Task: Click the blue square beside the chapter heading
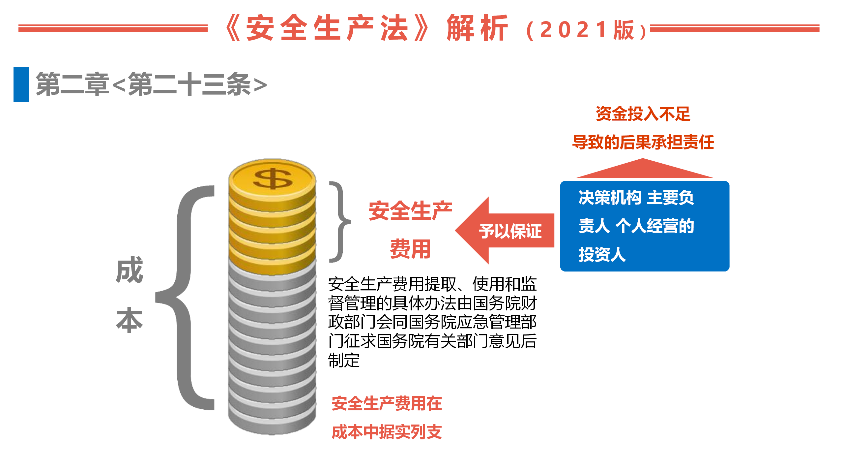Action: [21, 84]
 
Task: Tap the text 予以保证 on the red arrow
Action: [510, 231]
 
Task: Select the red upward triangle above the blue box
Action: [644, 168]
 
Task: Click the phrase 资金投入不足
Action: [643, 114]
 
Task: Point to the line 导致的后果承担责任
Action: [643, 142]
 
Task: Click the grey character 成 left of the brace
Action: [130, 270]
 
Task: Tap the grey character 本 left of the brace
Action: [130, 320]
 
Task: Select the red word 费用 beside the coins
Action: [410, 249]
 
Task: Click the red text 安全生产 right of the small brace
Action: [410, 211]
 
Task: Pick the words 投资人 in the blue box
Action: [602, 254]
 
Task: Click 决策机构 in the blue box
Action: [610, 198]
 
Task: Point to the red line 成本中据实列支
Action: [387, 432]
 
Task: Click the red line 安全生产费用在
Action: [387, 403]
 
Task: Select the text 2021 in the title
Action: [573, 30]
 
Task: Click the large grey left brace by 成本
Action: [185, 298]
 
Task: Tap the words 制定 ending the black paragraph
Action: [344, 360]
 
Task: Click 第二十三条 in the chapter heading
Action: [189, 84]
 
